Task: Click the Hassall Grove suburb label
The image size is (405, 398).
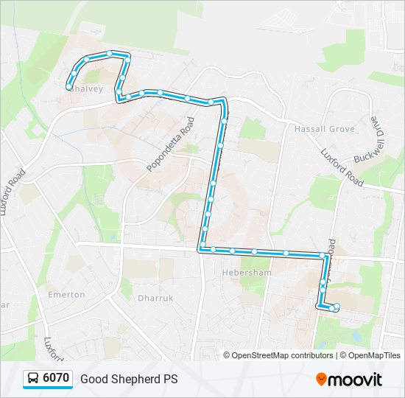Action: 324,129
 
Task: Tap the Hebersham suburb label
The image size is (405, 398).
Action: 247,272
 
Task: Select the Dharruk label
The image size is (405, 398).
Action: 154,298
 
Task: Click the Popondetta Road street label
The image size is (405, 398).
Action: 170,144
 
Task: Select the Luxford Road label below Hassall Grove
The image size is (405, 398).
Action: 342,167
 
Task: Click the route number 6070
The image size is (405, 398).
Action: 56,379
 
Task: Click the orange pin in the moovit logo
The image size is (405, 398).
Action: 321,380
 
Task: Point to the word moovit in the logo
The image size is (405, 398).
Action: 354,380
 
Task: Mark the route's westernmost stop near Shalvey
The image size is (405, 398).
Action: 68,87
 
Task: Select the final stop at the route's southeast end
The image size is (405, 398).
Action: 337,307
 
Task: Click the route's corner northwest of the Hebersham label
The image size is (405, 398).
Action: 200,249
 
